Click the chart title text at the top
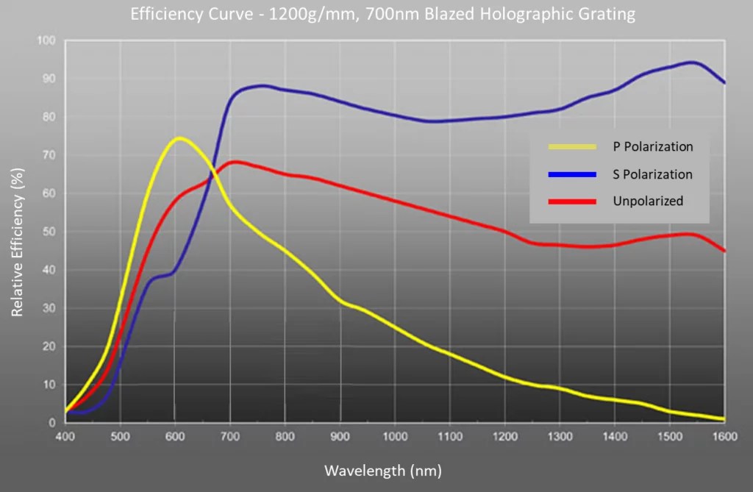click(x=382, y=15)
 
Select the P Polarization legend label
click(x=653, y=146)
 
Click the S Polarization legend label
click(x=653, y=174)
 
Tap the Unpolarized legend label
click(x=648, y=201)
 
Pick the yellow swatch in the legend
click(x=572, y=146)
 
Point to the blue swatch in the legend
click(x=572, y=174)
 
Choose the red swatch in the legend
click(x=572, y=201)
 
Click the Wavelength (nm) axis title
click(x=382, y=468)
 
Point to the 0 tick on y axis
click(x=54, y=423)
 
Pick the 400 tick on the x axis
click(x=65, y=435)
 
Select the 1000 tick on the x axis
click(x=395, y=435)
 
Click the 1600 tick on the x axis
click(x=724, y=435)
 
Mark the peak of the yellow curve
click(x=179, y=138)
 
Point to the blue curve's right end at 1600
click(x=724, y=82)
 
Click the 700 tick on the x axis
click(x=230, y=435)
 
